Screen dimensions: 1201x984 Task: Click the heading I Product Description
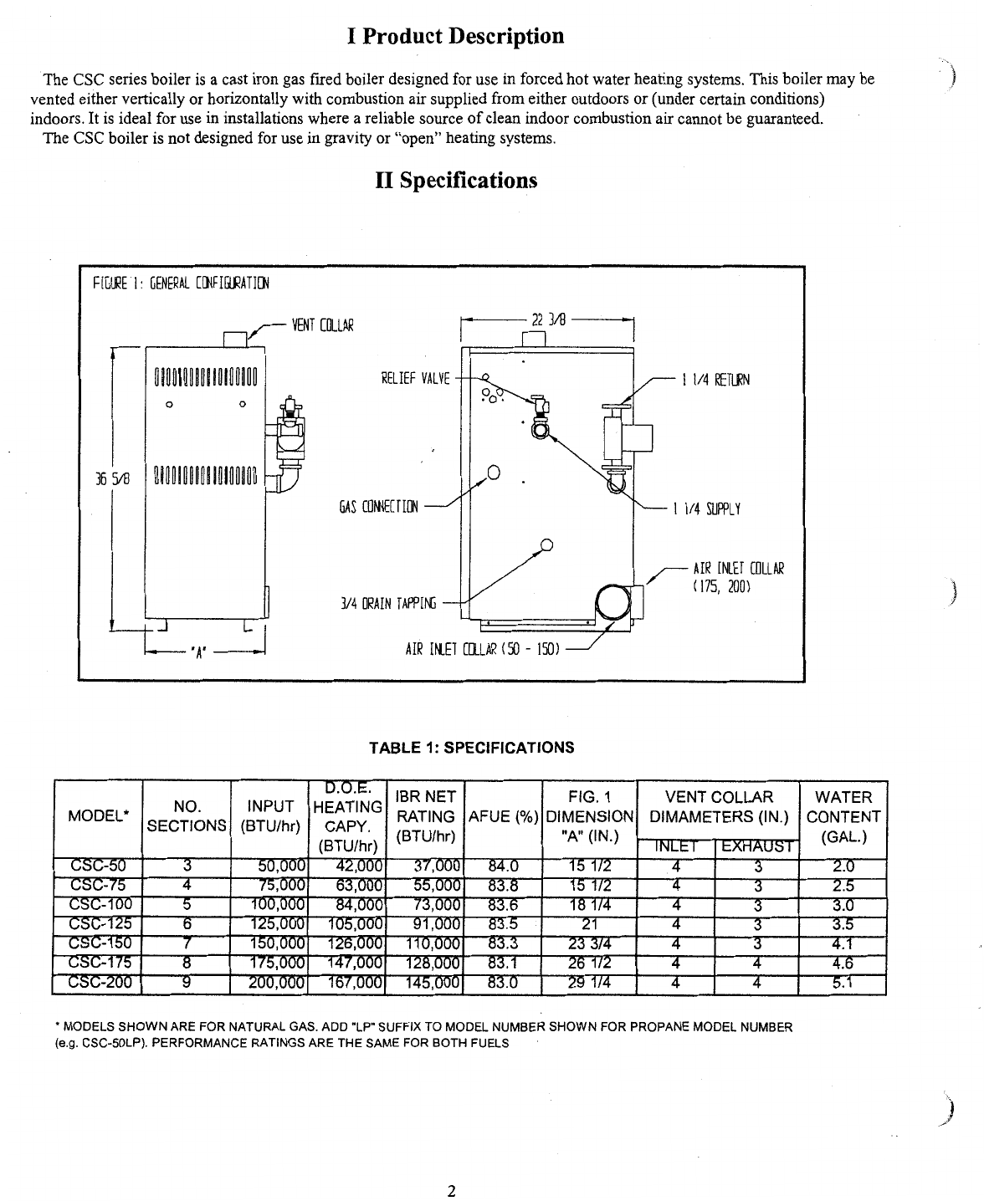[x=455, y=36]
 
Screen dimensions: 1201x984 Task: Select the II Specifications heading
[x=456, y=180]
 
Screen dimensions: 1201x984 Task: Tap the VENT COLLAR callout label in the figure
[x=322, y=325]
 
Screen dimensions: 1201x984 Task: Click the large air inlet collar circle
[x=612, y=601]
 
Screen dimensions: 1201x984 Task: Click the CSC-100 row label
[x=98, y=905]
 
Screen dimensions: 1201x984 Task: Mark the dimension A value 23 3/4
[x=589, y=944]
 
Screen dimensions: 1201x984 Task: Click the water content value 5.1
[x=843, y=983]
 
